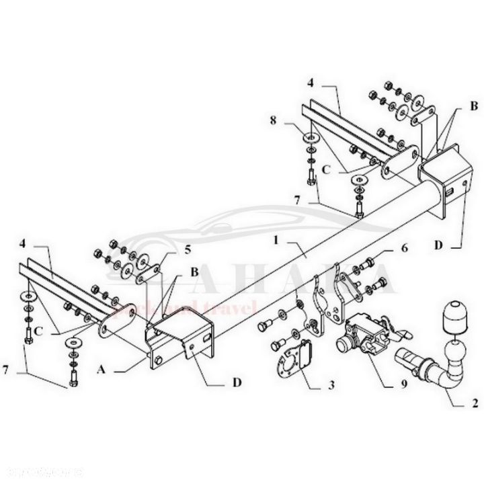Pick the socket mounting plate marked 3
pos(295,362)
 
